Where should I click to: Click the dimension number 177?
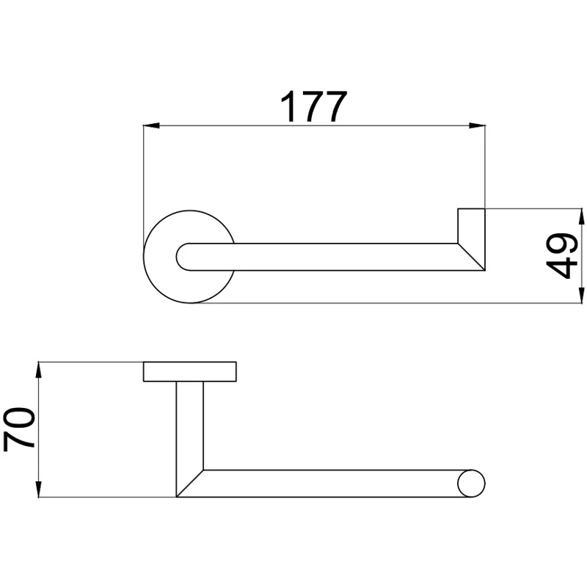(x=314, y=106)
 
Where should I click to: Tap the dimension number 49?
(x=561, y=256)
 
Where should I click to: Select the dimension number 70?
(x=19, y=429)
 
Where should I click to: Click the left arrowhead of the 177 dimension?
(x=152, y=125)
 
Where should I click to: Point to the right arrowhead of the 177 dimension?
(x=477, y=125)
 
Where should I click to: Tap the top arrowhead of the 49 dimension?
(x=581, y=216)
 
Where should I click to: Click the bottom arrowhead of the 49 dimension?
(x=581, y=295)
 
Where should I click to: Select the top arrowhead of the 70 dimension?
(x=39, y=370)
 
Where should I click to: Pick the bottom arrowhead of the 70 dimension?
(x=39, y=489)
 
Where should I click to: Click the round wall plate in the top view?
(x=190, y=257)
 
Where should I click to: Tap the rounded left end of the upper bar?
(x=183, y=257)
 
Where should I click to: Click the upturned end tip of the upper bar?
(x=471, y=209)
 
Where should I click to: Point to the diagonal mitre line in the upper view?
(x=471, y=257)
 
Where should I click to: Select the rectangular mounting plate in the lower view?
(x=190, y=372)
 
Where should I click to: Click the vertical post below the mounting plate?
(x=190, y=426)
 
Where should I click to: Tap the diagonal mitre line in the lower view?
(x=190, y=484)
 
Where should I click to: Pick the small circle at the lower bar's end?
(x=471, y=484)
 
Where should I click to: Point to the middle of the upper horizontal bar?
(x=324, y=257)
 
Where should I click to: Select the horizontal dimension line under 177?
(x=315, y=125)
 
